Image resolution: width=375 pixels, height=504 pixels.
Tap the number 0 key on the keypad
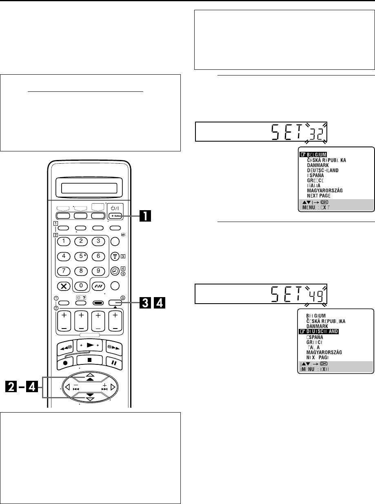coord(81,286)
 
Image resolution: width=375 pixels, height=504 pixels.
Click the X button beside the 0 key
coord(64,286)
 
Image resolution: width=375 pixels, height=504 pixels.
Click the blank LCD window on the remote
coord(89,189)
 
